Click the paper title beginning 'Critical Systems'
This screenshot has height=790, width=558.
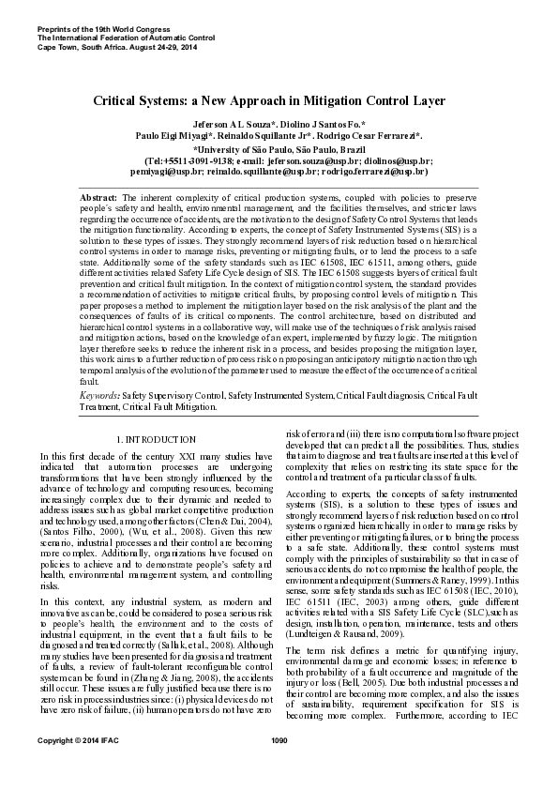pyautogui.click(x=279, y=99)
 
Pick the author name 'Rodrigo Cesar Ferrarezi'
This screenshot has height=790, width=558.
pyautogui.click(x=370, y=136)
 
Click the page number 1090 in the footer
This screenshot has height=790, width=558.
pyautogui.click(x=279, y=767)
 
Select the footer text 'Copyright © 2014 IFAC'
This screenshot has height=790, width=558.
pyautogui.click(x=77, y=767)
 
